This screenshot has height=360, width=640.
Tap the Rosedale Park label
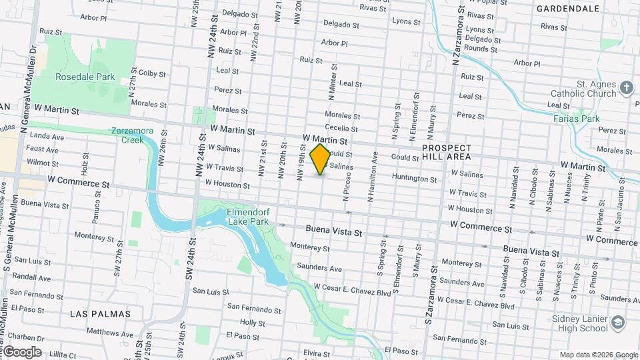tap(85, 77)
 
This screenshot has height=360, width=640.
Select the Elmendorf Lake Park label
tap(248, 216)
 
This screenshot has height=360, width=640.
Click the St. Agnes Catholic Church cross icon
tap(626, 87)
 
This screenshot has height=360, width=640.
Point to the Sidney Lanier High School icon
tap(617, 323)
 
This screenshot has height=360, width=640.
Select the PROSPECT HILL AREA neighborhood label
tap(447, 152)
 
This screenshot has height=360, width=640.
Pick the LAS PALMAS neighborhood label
tap(100, 313)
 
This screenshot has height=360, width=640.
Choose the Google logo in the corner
tap(22, 352)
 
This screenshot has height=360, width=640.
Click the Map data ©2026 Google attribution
tap(598, 355)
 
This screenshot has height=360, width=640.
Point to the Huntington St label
tap(414, 179)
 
